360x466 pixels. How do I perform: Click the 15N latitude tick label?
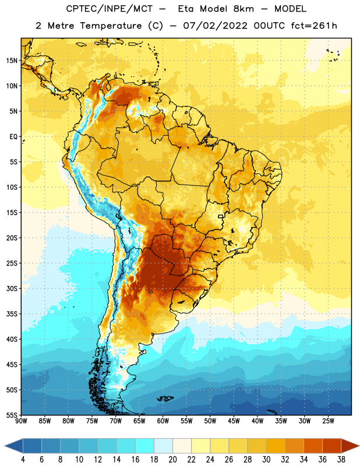[x=12, y=61]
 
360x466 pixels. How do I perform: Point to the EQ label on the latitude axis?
[x=13, y=137]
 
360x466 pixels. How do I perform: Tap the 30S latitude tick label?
[x=12, y=288]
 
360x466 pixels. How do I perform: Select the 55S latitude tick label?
[x=12, y=415]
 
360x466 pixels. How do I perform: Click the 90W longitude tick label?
[x=21, y=421]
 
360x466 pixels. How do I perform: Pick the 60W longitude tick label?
[x=163, y=421]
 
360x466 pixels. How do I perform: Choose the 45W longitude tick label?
[x=234, y=421]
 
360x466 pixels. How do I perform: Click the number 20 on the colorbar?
[x=172, y=460]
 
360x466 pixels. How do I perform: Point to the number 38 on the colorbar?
[x=341, y=460]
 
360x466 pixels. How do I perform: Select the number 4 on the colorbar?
[x=23, y=460]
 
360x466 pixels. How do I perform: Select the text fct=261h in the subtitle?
[x=314, y=26]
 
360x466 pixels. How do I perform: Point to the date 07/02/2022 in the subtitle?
[x=215, y=26]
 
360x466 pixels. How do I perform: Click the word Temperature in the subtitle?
[x=111, y=26]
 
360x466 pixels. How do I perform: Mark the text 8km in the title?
[x=243, y=9]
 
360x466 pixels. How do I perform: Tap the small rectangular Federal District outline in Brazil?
[x=221, y=217]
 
